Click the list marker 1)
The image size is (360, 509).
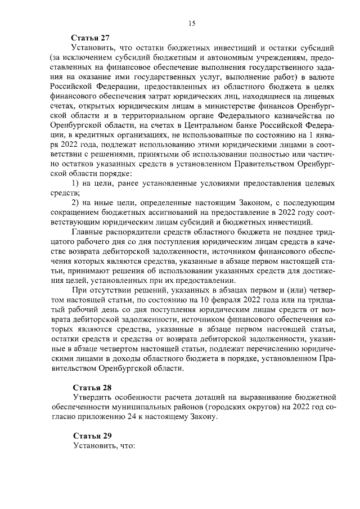[x=79, y=184]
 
